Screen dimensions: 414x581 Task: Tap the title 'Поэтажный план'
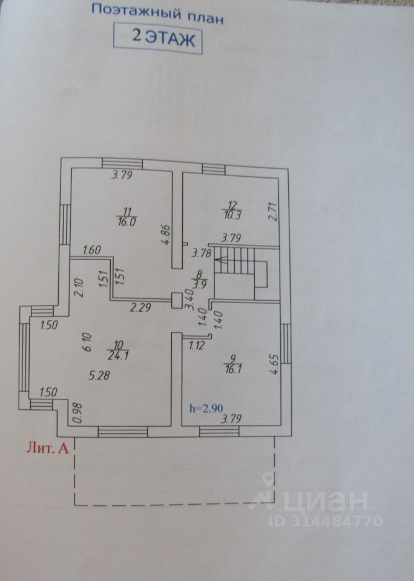pos(157,13)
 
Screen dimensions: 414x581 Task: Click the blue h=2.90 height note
pos(205,409)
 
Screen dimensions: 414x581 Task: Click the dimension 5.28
pos(99,376)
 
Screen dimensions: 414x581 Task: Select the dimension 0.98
pos(76,413)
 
